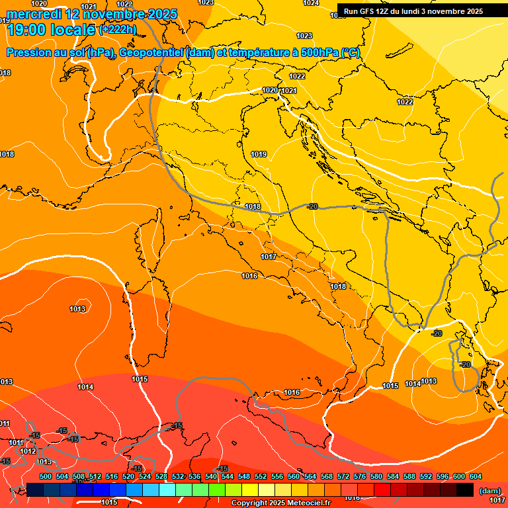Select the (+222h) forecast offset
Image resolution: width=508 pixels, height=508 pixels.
pyautogui.click(x=117, y=30)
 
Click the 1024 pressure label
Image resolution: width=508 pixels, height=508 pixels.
pyautogui.click(x=312, y=3)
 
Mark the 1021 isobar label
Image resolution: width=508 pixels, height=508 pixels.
pyautogui.click(x=288, y=91)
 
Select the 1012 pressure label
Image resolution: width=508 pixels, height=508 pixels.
pyautogui.click(x=28, y=451)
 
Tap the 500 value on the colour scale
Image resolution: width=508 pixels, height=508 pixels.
pyautogui.click(x=46, y=476)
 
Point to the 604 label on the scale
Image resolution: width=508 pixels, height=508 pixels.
pyautogui.click(x=476, y=476)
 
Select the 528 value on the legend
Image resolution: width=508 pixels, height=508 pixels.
pyautogui.click(x=161, y=476)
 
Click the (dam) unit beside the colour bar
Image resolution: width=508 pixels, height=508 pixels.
pyautogui.click(x=489, y=490)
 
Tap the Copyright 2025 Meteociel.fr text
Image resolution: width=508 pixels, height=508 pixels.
pyautogui.click(x=280, y=503)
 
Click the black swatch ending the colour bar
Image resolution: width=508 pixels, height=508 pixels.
pyautogui.click(x=465, y=489)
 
